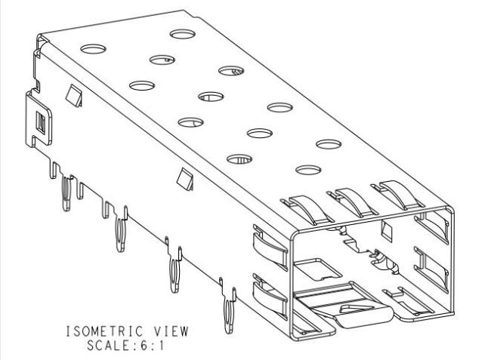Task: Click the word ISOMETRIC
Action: coord(105,331)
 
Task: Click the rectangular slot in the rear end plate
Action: coord(41,123)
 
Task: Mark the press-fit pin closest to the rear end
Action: coord(66,194)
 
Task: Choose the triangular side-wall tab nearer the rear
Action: coord(74,95)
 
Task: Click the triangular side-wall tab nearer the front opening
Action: coord(185,179)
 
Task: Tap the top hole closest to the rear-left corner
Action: coord(94,49)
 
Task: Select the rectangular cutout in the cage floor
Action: coord(317,269)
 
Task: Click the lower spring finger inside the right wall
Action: coord(431,269)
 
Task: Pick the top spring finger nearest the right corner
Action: coord(397,195)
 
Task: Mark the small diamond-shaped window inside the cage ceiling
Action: coord(387,231)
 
